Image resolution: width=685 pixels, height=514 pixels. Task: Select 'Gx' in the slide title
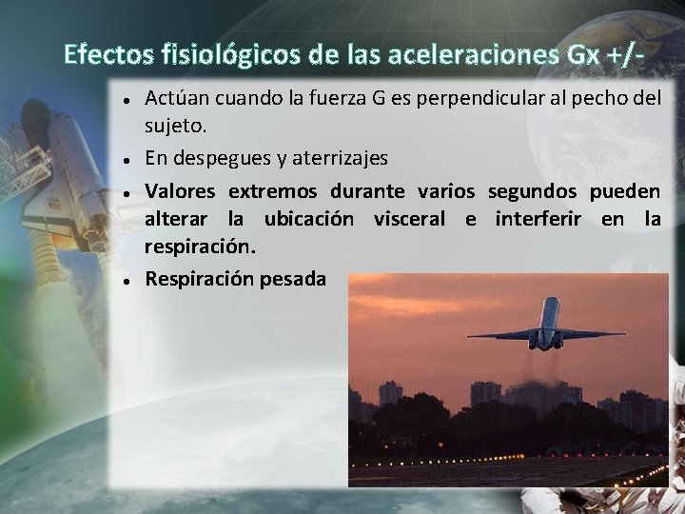pyautogui.click(x=582, y=54)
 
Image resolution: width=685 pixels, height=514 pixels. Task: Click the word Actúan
pyautogui.click(x=177, y=99)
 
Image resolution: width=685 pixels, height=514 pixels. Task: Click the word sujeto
pyautogui.click(x=175, y=125)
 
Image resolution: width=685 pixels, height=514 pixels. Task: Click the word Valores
pyautogui.click(x=180, y=191)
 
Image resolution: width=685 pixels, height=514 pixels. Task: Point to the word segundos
pyautogui.click(x=531, y=191)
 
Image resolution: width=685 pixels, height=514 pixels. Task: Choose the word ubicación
pyautogui.click(x=309, y=219)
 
